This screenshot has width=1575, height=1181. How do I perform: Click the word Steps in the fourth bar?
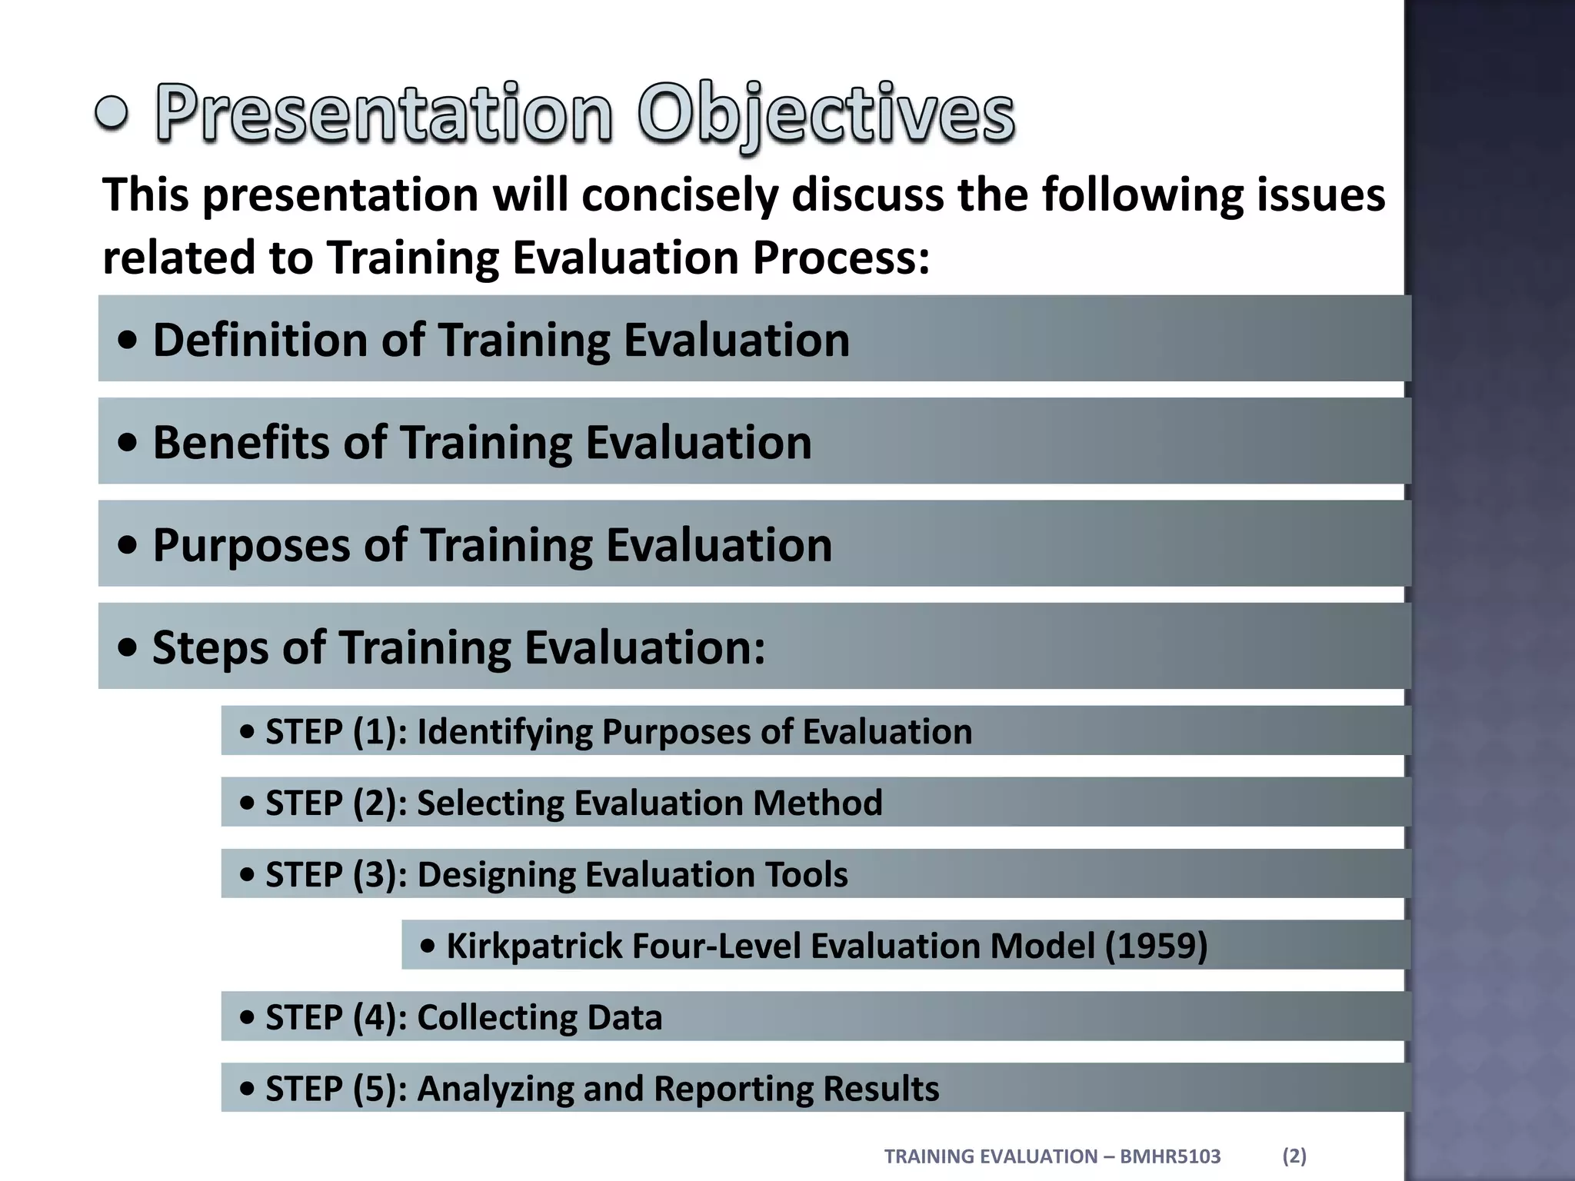pyautogui.click(x=210, y=647)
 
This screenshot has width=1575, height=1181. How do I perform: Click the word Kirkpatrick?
pyautogui.click(x=534, y=946)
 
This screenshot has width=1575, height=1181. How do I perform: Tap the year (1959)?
pyautogui.click(x=1156, y=946)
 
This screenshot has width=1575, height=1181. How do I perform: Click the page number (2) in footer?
pyautogui.click(x=1294, y=1156)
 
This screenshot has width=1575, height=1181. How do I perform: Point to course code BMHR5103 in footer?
pyautogui.click(x=1170, y=1156)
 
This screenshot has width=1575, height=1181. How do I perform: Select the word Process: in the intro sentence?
pyautogui.click(x=841, y=257)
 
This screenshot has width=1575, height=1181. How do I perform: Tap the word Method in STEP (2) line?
pyautogui.click(x=817, y=803)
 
